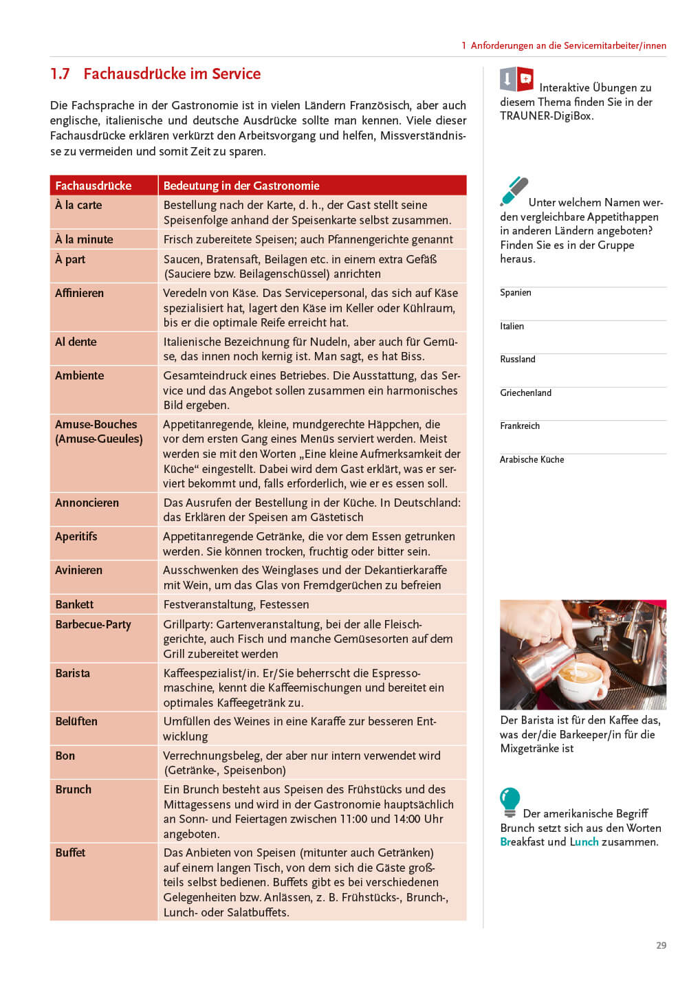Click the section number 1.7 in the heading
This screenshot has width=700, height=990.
(60, 74)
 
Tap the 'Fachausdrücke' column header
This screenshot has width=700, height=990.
(93, 186)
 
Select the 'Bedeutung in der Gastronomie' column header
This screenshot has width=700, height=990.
(241, 186)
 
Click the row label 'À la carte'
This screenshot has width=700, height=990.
(78, 205)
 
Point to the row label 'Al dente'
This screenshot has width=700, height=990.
(76, 342)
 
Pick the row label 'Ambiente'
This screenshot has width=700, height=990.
(79, 375)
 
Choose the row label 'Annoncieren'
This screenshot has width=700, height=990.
(87, 503)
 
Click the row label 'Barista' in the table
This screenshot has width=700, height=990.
(72, 673)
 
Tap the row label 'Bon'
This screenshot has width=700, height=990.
(65, 756)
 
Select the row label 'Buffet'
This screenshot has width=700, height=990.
(70, 852)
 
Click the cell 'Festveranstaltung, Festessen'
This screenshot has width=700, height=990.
(236, 604)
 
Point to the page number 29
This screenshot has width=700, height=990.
(661, 945)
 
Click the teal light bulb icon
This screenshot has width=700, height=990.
(510, 801)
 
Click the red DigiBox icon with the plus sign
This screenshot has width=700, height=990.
(525, 79)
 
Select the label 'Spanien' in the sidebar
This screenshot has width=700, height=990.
(516, 293)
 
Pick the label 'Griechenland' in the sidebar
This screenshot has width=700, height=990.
(525, 393)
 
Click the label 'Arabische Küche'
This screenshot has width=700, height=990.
(532, 460)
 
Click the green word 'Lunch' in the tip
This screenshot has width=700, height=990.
(584, 842)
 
